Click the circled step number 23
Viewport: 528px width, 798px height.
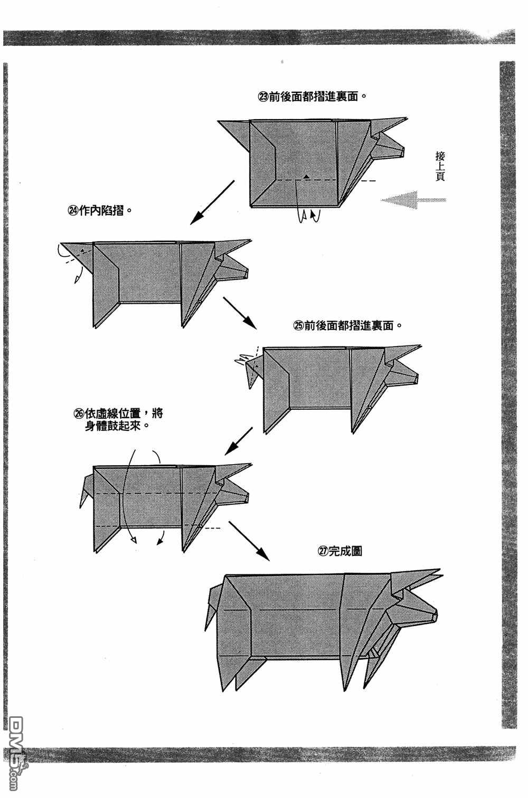click(263, 97)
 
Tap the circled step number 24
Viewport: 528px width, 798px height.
click(72, 210)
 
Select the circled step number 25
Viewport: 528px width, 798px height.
click(298, 326)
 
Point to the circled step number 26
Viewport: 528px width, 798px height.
click(79, 414)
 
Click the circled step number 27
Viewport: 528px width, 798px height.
click(322, 552)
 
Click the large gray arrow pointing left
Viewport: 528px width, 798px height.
click(413, 200)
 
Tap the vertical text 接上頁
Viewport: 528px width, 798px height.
click(440, 166)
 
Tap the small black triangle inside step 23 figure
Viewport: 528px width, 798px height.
click(305, 175)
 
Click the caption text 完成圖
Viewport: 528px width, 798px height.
click(345, 552)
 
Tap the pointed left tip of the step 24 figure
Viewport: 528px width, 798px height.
click(62, 245)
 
